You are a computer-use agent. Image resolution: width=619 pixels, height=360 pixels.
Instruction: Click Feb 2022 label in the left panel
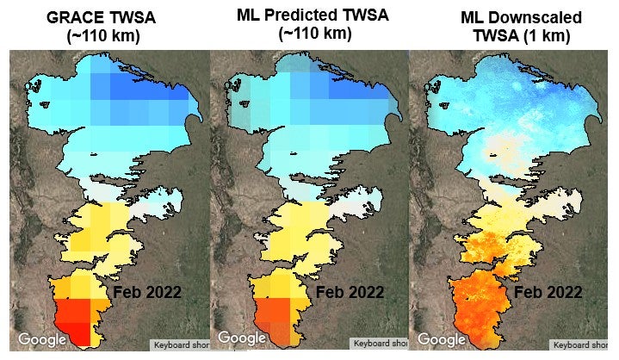(147, 292)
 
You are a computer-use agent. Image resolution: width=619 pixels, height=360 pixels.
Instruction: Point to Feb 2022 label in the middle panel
(349, 292)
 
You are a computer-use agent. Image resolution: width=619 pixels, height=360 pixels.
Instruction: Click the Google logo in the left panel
(43, 338)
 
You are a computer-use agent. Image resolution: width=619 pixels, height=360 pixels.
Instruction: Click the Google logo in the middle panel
(244, 338)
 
